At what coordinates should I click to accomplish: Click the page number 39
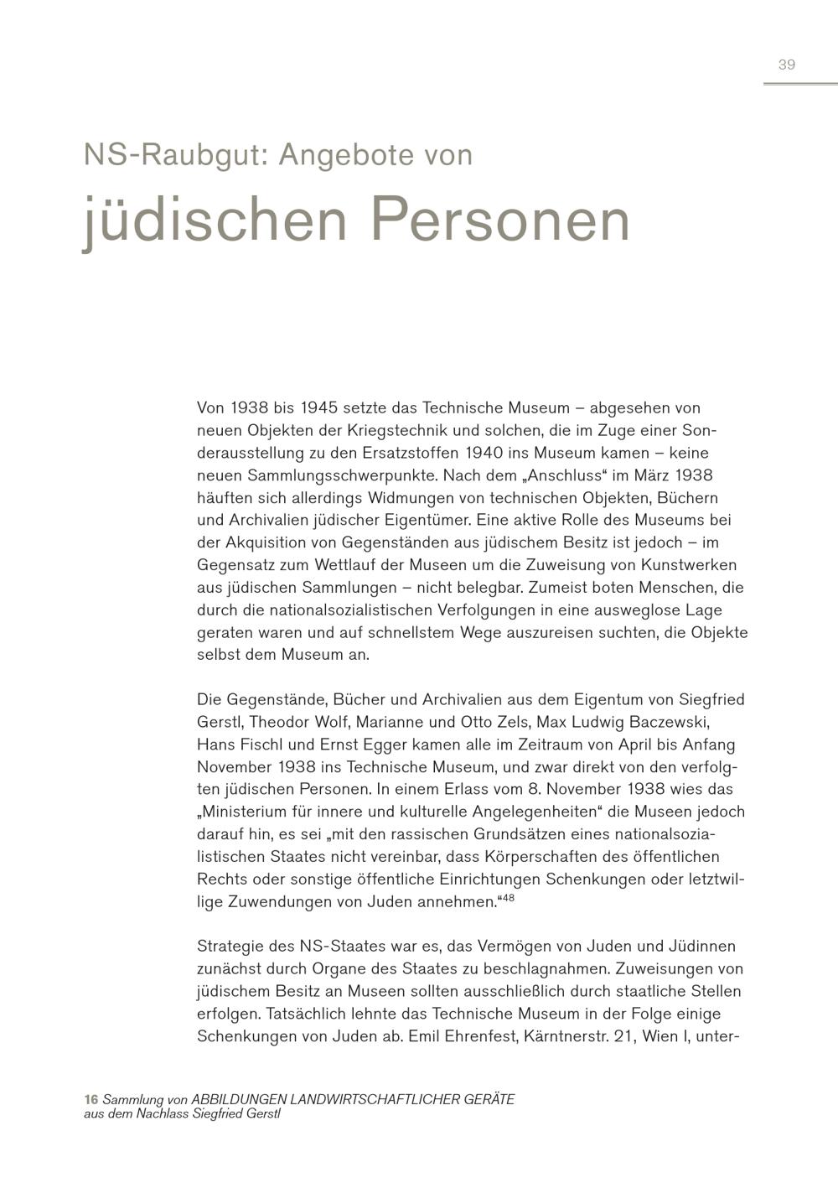tap(786, 65)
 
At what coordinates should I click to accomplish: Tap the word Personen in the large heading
tap(499, 220)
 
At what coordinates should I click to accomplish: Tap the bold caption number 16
tap(91, 1099)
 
